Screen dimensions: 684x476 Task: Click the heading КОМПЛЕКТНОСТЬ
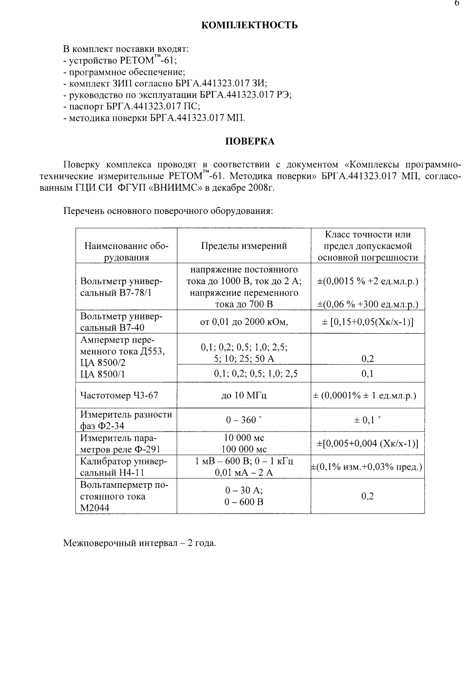249,25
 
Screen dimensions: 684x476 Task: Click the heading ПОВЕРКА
249,141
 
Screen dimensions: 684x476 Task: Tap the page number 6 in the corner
457,4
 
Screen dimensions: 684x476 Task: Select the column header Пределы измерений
244,246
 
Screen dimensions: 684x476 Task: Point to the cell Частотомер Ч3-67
119,395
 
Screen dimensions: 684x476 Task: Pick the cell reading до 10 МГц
244,395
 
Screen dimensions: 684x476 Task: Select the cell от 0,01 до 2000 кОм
244,323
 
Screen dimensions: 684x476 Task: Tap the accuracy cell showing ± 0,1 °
367,420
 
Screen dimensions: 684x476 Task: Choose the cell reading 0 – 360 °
244,420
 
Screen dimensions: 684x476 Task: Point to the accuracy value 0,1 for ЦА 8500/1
367,374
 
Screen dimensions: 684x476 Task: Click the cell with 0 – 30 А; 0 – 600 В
244,496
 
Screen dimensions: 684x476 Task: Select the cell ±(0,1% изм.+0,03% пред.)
367,467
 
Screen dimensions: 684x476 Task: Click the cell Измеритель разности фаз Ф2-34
126,420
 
